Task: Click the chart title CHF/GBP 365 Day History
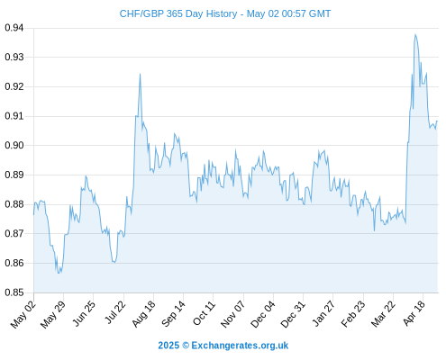coord(178,13)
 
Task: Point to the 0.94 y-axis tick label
coord(14,28)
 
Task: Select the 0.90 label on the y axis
coord(14,145)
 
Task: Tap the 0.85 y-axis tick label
coord(14,292)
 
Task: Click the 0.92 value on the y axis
coord(14,86)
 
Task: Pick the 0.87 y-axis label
coord(14,233)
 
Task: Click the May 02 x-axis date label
coord(23,314)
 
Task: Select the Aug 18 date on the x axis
coord(143,314)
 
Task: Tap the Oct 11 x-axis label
coord(204,313)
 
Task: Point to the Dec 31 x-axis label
coord(293,314)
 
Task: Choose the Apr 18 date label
coord(414,313)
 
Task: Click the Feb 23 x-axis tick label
coord(353,314)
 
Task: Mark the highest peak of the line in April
coord(415,34)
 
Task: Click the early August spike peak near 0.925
coord(140,74)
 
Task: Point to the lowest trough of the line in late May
coord(59,273)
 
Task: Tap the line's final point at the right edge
coord(437,121)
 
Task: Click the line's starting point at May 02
coord(33,215)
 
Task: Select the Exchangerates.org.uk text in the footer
coord(240,346)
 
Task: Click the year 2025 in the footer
coord(168,346)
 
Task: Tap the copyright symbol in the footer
coord(186,346)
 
